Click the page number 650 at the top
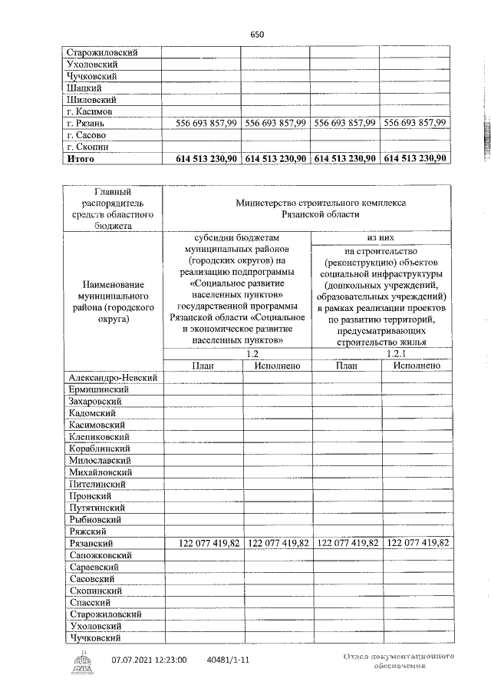[257, 35]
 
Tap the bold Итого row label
[81, 158]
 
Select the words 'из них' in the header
[381, 239]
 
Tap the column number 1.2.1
[381, 354]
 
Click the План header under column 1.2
[202, 366]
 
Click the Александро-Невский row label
[113, 378]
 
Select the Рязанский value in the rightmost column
[417, 543]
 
